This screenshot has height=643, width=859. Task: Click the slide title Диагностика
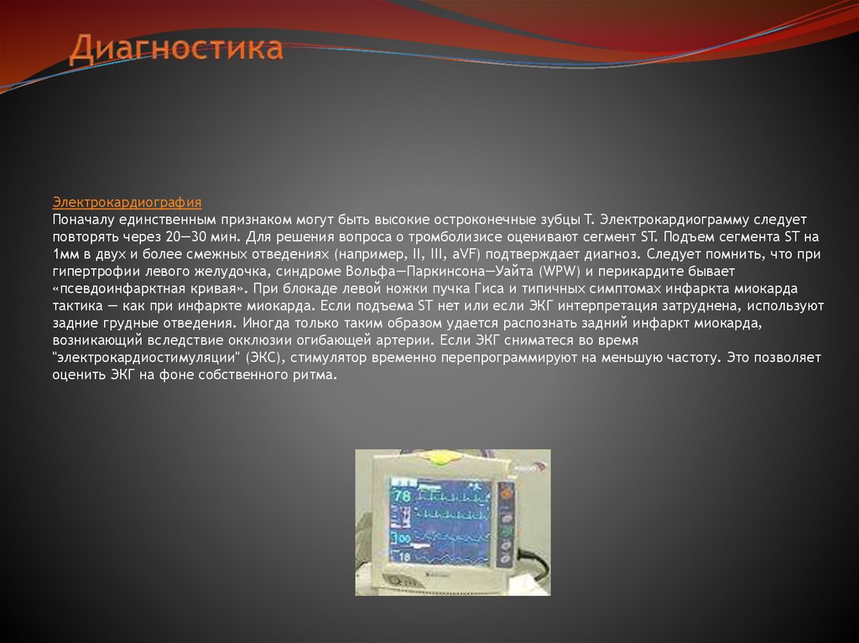pos(176,48)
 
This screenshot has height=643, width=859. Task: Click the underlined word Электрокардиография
pos(127,202)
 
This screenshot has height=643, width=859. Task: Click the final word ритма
pos(316,375)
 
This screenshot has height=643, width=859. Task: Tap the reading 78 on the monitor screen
pos(403,496)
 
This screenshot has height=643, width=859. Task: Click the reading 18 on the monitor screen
pos(403,557)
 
